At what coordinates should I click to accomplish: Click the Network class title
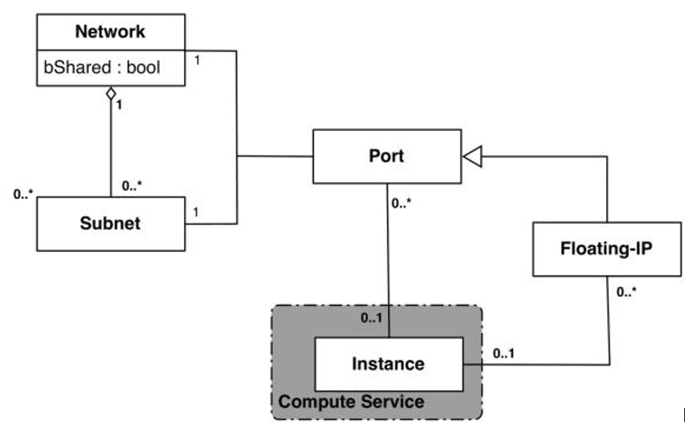[110, 31]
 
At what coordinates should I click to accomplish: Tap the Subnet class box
[110, 223]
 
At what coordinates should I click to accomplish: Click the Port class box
[386, 156]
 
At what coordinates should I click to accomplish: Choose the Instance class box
[388, 364]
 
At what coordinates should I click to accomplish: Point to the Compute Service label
[351, 402]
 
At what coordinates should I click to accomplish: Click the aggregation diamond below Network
[110, 94]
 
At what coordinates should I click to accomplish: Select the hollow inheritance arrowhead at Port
[472, 157]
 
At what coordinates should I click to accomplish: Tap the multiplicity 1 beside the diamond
[120, 104]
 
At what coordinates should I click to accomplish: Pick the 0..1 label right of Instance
[505, 353]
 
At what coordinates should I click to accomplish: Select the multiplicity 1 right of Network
[197, 59]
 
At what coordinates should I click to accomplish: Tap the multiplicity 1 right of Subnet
[196, 213]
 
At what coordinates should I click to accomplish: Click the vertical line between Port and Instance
[388, 258]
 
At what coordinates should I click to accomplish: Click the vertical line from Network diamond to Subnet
[110, 150]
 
